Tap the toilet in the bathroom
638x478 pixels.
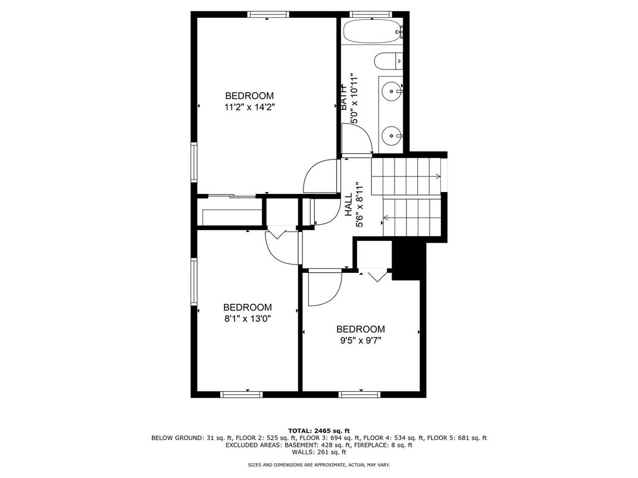(388, 62)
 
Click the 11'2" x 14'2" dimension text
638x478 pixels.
(249, 107)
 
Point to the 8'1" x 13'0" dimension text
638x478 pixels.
(248, 319)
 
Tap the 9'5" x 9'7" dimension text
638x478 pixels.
(361, 341)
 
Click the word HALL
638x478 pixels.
(349, 205)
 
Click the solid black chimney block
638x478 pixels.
(408, 260)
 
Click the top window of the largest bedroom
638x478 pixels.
(268, 14)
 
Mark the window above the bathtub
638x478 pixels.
(370, 14)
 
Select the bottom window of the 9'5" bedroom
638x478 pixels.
(359, 394)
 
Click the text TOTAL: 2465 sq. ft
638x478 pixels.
(319, 431)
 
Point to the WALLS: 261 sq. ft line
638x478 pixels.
(318, 452)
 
